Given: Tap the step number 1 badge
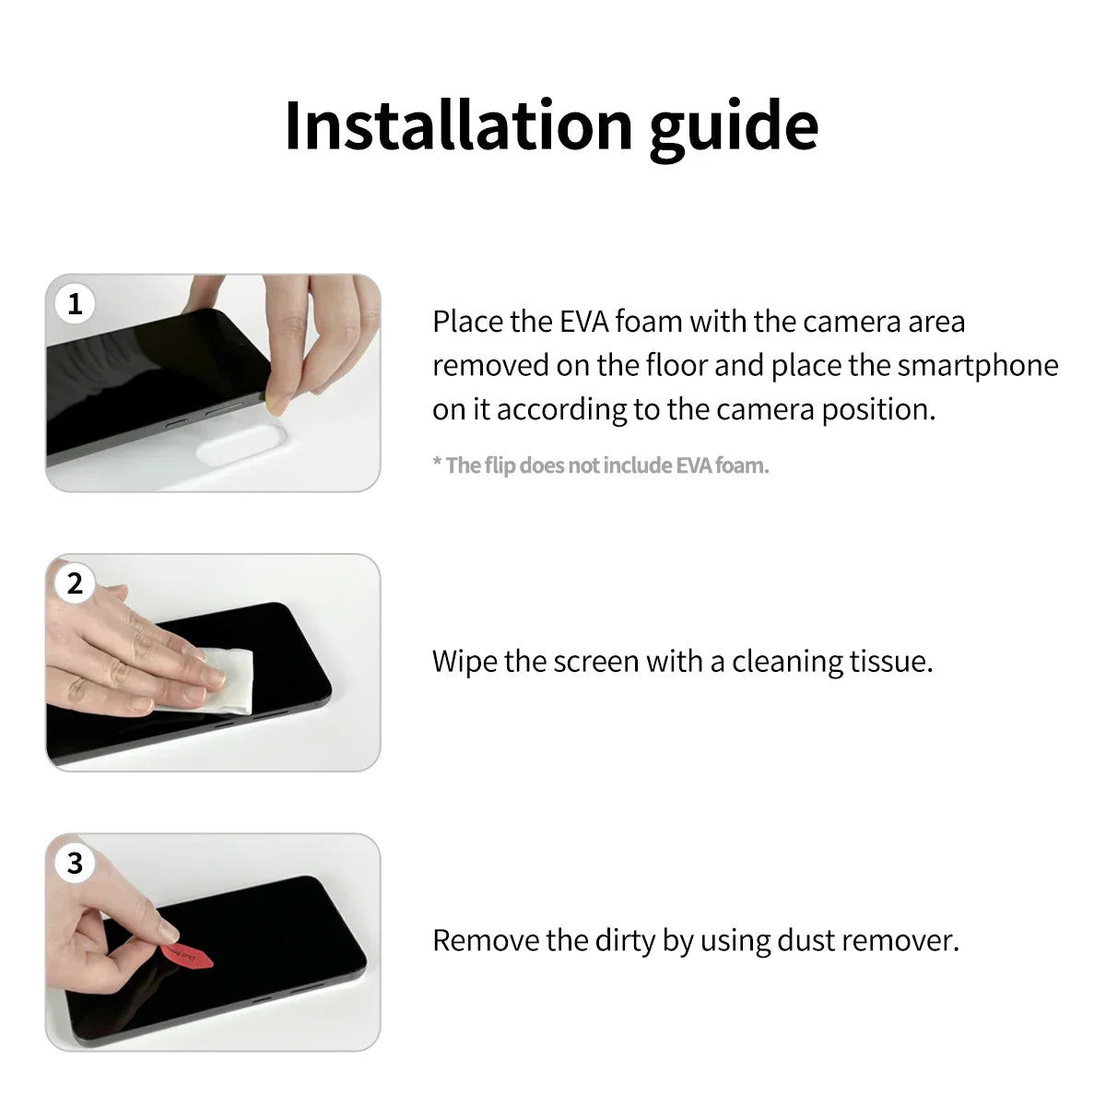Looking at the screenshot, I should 76,304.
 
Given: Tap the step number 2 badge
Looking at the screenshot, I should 76,583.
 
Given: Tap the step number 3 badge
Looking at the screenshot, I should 76,864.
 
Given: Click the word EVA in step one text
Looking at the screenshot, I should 584,322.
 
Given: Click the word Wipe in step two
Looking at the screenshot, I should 464,662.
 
